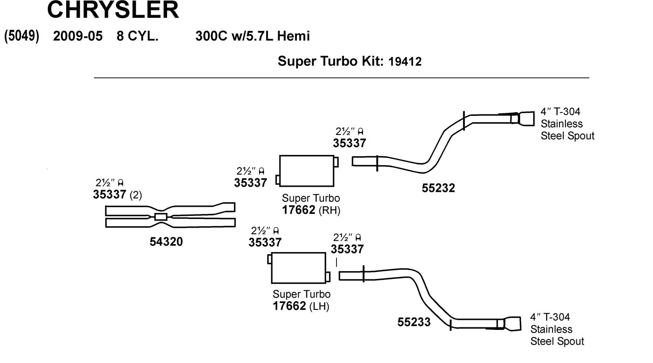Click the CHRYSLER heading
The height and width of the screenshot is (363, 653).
[x=113, y=10]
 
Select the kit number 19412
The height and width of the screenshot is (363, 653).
[x=405, y=61]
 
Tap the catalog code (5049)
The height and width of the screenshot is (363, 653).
[x=22, y=36]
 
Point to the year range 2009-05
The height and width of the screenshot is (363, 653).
[x=78, y=36]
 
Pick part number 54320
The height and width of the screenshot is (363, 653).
[x=166, y=242]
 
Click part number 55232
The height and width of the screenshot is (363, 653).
[x=438, y=188]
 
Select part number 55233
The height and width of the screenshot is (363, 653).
[x=414, y=322]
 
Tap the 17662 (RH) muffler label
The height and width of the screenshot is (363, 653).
[x=311, y=210]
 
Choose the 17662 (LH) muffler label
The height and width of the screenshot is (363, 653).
[x=301, y=306]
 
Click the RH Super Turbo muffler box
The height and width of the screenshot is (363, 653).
[x=306, y=171]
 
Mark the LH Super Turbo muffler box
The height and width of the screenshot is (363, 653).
[x=298, y=268]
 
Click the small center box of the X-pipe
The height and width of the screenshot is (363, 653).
[x=161, y=217]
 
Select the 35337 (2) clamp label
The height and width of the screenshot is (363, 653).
[x=117, y=195]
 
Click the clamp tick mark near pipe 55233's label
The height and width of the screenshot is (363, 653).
[x=450, y=324]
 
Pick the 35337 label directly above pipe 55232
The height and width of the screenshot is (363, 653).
[x=349, y=143]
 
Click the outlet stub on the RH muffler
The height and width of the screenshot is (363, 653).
[x=336, y=162]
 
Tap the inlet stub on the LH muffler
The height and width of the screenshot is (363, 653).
[x=269, y=259]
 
